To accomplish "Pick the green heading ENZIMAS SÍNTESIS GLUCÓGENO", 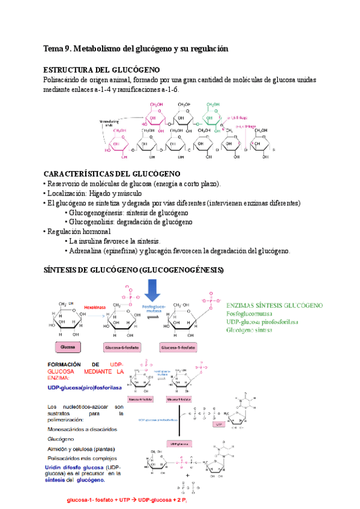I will point(274,305).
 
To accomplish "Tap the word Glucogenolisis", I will point(94,222).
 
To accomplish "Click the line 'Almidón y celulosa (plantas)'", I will point(83,449).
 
